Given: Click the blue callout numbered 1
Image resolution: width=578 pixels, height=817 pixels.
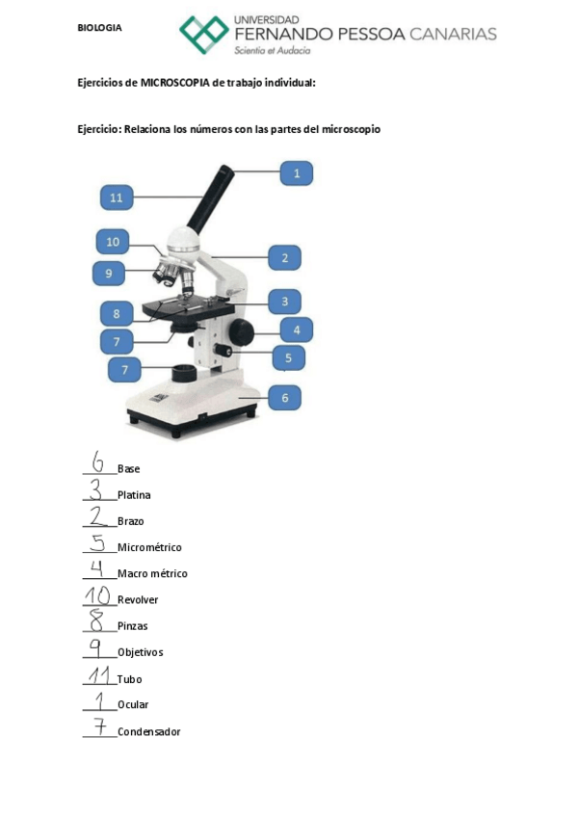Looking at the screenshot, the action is (297, 173).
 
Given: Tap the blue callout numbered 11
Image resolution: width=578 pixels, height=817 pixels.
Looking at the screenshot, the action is (117, 198).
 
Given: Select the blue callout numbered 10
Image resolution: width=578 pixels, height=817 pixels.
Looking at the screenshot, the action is (113, 242).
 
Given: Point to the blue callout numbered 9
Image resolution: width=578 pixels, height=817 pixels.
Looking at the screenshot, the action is (109, 274).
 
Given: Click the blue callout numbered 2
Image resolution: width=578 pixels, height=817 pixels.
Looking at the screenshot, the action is (284, 257).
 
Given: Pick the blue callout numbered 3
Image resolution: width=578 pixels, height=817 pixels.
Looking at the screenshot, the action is (284, 302).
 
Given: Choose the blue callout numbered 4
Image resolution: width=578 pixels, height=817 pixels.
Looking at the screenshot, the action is (297, 329).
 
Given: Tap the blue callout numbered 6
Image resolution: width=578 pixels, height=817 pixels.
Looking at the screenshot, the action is (284, 396).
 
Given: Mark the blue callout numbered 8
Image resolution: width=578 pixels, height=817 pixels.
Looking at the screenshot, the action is (117, 314).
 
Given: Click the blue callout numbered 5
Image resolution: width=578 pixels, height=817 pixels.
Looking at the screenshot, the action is (288, 358).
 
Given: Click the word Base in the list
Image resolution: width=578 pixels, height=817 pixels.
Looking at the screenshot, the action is (128, 469).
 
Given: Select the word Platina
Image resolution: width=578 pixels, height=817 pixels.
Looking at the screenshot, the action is (134, 495).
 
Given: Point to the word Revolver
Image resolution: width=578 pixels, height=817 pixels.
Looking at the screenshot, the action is (138, 599).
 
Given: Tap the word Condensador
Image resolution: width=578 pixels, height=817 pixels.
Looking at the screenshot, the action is (148, 732).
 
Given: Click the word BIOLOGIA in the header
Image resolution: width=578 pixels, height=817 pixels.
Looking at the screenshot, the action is (99, 28).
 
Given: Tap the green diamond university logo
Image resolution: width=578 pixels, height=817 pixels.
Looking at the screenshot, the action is (204, 35).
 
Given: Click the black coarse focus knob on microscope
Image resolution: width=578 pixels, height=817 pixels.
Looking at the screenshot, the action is (243, 332).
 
